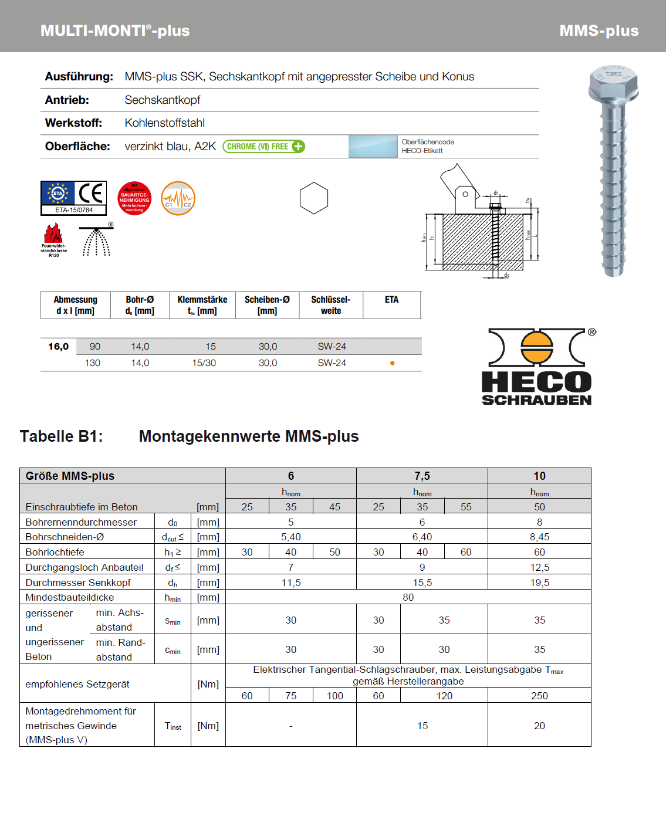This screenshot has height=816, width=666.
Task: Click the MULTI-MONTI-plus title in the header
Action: (115, 31)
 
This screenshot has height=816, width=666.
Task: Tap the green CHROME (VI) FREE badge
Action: (263, 147)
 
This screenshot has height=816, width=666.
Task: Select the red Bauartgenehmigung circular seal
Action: (134, 198)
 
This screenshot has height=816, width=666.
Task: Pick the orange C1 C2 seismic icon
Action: (178, 198)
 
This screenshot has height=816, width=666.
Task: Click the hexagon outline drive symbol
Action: (314, 198)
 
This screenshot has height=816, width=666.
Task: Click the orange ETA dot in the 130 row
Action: (392, 363)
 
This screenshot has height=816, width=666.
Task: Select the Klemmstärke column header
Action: (202, 305)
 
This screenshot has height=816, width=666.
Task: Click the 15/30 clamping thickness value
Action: (204, 363)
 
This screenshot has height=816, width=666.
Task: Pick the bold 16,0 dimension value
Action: (58, 347)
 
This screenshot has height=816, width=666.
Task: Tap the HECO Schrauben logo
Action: (537, 367)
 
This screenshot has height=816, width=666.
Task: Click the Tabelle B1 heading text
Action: (61, 436)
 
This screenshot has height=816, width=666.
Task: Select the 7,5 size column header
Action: (422, 476)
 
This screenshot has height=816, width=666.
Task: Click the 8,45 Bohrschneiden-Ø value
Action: (539, 537)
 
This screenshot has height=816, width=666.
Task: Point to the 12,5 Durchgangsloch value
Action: (539, 567)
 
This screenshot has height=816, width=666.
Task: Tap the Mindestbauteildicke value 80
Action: (408, 597)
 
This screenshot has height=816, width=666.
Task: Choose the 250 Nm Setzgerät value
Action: (539, 696)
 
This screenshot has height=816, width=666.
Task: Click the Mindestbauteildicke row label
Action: (70, 597)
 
